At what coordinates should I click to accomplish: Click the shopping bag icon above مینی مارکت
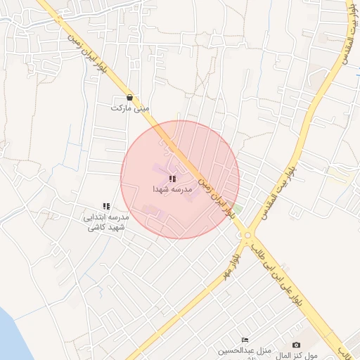click(x=129, y=98)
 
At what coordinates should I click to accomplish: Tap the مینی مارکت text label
click(x=132, y=108)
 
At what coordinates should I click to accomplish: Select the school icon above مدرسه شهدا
click(x=172, y=179)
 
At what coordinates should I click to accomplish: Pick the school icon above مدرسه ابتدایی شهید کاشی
click(x=106, y=207)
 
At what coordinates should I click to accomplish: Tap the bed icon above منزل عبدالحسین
click(x=245, y=340)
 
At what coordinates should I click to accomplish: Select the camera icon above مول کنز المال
click(x=296, y=345)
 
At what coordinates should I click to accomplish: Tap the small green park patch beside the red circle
click(x=237, y=210)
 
